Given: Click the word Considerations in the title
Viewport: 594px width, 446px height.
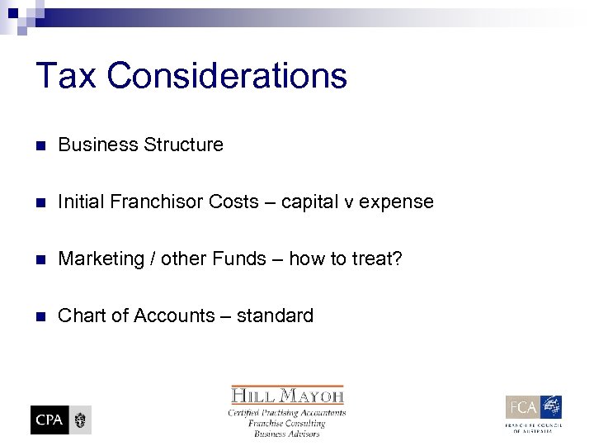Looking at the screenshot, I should pyautogui.click(x=226, y=76).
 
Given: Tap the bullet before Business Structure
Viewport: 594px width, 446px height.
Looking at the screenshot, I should pyautogui.click(x=40, y=145).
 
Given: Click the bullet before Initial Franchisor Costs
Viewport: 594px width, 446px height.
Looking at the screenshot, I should pyautogui.click(x=40, y=202).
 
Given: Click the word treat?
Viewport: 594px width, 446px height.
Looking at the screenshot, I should pyautogui.click(x=375, y=259).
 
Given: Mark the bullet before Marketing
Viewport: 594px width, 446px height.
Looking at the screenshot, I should pyautogui.click(x=40, y=259).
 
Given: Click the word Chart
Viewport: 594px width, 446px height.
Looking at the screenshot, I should pyautogui.click(x=81, y=316).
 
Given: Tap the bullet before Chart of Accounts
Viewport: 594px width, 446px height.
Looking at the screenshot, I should pyautogui.click(x=40, y=316).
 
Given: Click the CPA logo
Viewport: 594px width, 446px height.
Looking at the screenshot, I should pyautogui.click(x=61, y=420).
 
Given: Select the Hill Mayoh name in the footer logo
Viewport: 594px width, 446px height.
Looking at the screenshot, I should pyautogui.click(x=287, y=395).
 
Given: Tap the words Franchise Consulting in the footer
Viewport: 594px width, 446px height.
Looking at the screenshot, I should pyautogui.click(x=287, y=423).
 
